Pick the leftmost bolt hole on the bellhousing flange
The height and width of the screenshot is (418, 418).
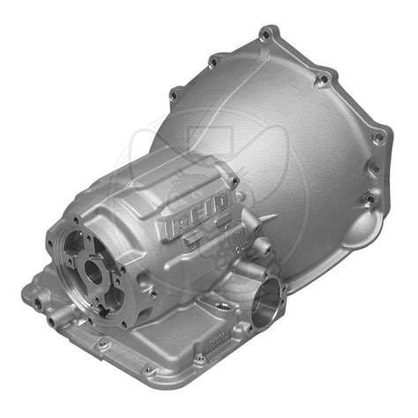click(x=174, y=91)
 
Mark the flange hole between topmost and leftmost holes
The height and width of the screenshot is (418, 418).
click(x=213, y=61)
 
